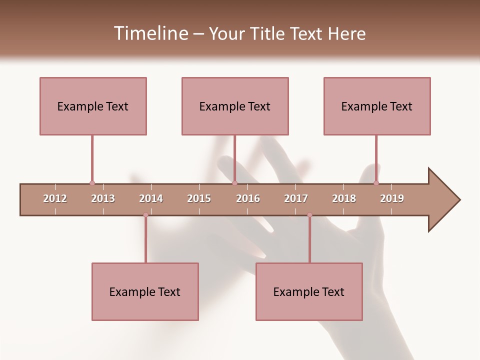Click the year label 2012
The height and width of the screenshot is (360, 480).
[x=55, y=198]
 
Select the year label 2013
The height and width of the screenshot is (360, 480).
[x=103, y=198]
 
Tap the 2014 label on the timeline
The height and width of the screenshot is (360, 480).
[x=151, y=198]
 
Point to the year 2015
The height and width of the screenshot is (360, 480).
[x=199, y=198]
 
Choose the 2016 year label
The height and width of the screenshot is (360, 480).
[x=248, y=198]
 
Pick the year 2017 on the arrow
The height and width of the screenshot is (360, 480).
[x=296, y=198]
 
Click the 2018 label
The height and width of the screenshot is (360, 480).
[x=344, y=198]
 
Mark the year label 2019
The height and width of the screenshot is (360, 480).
[x=392, y=198]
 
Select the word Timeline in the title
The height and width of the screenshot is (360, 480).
[x=149, y=33]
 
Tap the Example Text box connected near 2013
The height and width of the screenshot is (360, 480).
[x=93, y=106]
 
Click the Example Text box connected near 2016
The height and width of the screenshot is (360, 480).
[x=235, y=106]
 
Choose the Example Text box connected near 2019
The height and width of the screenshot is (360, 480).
[x=377, y=106]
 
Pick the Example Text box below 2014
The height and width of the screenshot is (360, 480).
[x=145, y=291]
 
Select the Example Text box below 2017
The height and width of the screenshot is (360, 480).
[x=309, y=291]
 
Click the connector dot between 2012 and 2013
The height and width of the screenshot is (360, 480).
[x=92, y=183]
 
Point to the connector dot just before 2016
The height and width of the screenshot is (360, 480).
[x=234, y=183]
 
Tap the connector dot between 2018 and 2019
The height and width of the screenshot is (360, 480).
[x=376, y=183]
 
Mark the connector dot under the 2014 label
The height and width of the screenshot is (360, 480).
[x=145, y=215]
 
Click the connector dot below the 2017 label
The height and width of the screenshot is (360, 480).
[x=309, y=215]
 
